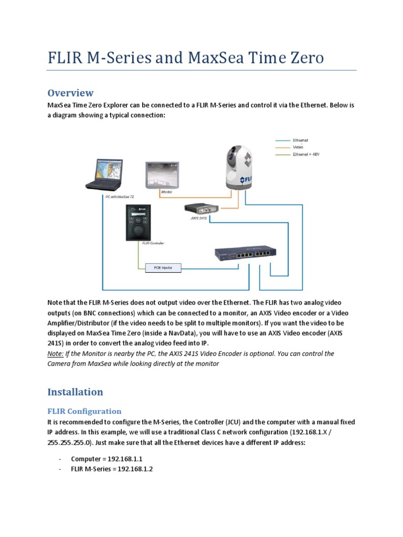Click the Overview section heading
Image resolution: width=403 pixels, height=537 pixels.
point(70,93)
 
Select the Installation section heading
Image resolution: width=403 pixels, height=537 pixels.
point(75,392)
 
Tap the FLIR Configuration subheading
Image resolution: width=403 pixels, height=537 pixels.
point(84,411)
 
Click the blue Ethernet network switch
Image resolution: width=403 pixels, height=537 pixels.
point(245,254)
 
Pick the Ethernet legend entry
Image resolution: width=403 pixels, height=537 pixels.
point(301,141)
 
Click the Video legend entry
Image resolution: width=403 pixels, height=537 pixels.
point(298,147)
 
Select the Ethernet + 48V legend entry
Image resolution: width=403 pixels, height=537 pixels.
point(305,154)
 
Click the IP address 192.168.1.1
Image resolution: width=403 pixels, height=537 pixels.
point(124,458)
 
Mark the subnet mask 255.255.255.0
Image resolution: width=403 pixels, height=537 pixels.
point(67,443)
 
